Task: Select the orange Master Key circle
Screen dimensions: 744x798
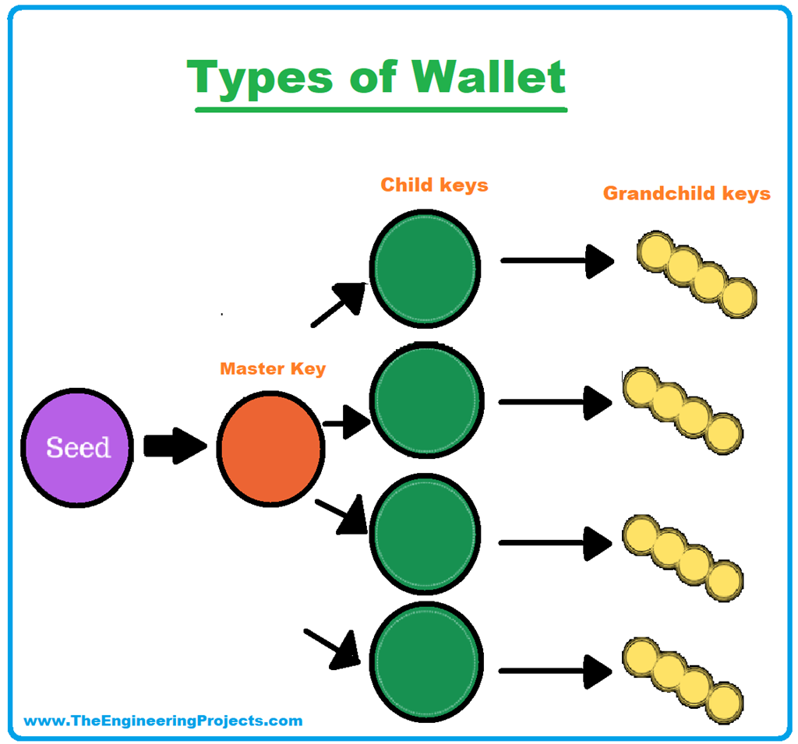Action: (x=271, y=447)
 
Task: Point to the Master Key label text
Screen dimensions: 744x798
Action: (x=272, y=368)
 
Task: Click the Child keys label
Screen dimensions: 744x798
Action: (x=434, y=185)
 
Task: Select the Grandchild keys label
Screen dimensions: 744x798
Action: (x=687, y=193)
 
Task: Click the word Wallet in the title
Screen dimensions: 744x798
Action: (x=489, y=77)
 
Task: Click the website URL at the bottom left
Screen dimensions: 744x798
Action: (x=163, y=721)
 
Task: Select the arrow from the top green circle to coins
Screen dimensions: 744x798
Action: (x=557, y=260)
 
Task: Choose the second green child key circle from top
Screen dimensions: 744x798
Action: (x=425, y=402)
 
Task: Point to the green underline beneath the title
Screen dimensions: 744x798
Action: (x=380, y=109)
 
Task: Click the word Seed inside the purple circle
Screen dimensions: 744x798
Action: (x=78, y=447)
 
